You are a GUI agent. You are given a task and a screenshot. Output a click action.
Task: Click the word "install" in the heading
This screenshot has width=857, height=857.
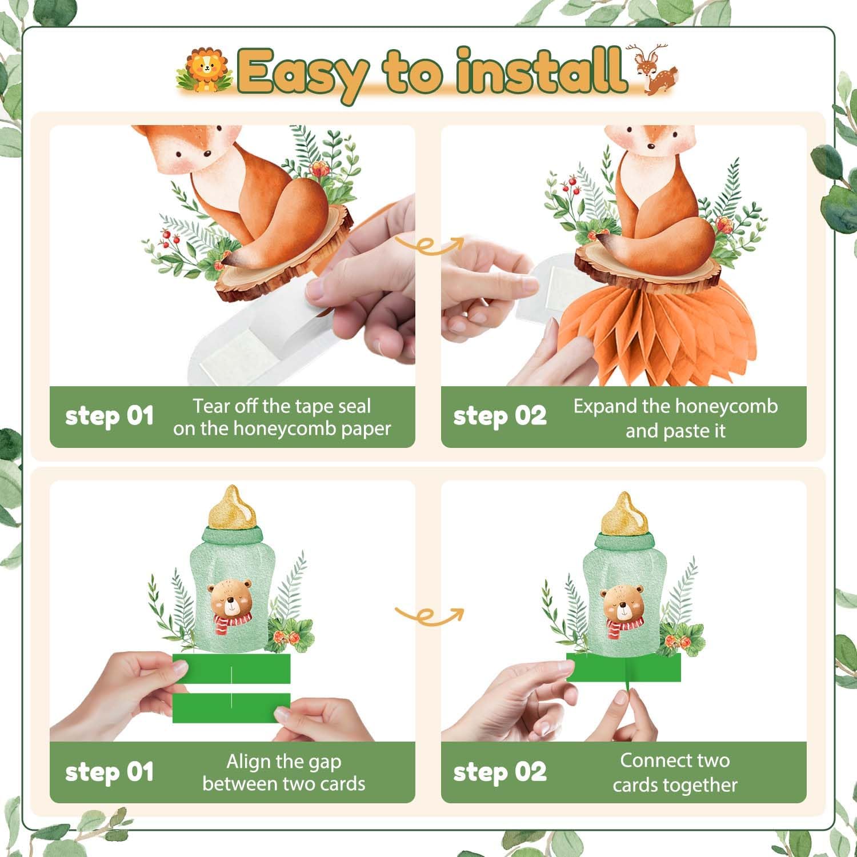tap(540, 71)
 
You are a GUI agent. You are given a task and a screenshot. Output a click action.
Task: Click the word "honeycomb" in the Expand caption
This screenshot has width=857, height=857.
tap(731, 406)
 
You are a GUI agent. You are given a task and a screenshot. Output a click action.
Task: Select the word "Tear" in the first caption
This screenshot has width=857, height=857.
tap(212, 406)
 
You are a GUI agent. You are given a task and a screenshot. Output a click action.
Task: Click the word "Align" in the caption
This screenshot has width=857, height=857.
tap(247, 762)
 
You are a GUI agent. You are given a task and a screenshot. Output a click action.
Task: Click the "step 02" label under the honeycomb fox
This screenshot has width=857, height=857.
tap(499, 417)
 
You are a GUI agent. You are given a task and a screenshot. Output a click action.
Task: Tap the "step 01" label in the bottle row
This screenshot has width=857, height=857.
tap(109, 772)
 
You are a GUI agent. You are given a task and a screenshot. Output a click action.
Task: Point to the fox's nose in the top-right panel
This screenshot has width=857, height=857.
tap(651, 147)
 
